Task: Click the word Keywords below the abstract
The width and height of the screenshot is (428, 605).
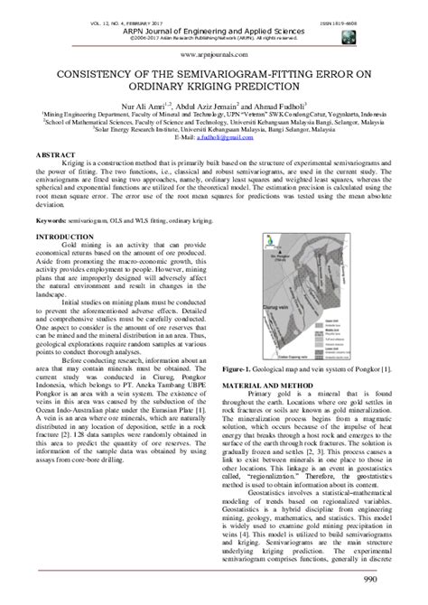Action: click(x=51, y=219)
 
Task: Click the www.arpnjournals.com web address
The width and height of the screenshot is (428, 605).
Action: click(x=213, y=53)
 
